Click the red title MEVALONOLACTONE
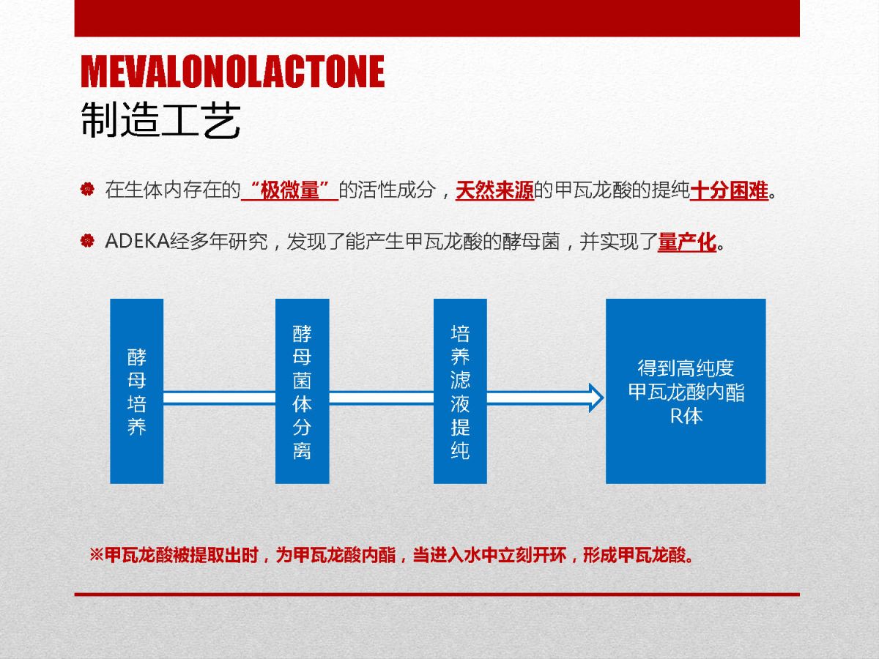tap(233, 71)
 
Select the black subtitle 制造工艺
tap(160, 120)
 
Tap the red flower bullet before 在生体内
tap(87, 189)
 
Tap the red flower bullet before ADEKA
tap(87, 241)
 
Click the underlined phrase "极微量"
tap(289, 190)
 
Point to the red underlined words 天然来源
tap(494, 190)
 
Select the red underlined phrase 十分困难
tap(730, 190)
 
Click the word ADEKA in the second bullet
tap(138, 242)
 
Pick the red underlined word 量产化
tap(687, 242)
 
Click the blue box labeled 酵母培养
tap(136, 391)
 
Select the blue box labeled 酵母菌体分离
tap(303, 391)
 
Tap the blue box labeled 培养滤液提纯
tap(460, 391)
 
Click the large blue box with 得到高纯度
tap(686, 391)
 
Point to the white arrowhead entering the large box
tap(596, 398)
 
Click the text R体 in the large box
tap(686, 416)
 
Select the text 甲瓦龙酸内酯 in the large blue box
tap(686, 392)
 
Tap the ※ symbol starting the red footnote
tap(97, 555)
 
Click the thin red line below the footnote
tap(437, 595)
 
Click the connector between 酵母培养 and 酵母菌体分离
tap(220, 398)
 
